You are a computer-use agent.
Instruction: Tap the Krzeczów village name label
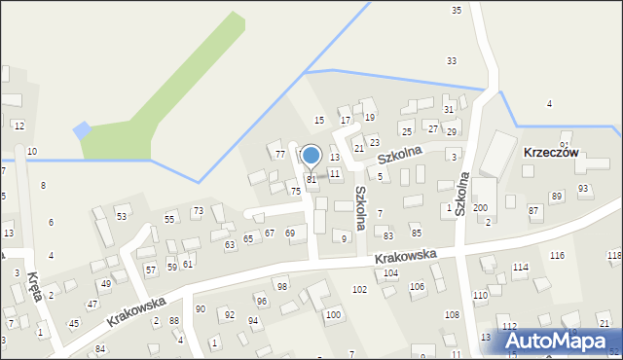tap(551, 153)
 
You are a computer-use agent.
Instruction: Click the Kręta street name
tap(37, 286)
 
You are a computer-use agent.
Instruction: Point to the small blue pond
tap(82, 130)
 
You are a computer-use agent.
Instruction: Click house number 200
tap(480, 208)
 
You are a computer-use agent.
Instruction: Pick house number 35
tap(457, 10)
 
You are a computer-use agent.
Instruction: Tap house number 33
tap(452, 60)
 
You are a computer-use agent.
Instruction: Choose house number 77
tap(279, 154)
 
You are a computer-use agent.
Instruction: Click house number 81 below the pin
tap(311, 180)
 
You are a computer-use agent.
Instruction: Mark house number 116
tap(557, 255)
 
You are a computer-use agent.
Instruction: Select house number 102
tap(359, 290)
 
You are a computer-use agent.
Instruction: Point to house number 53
tap(122, 215)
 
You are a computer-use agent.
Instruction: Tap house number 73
tap(198, 210)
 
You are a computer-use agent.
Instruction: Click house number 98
tap(281, 286)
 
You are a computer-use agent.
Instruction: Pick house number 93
tap(583, 189)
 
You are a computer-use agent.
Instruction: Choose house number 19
tap(370, 117)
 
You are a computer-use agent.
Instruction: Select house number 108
tap(452, 314)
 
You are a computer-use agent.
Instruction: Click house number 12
tap(18, 126)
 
